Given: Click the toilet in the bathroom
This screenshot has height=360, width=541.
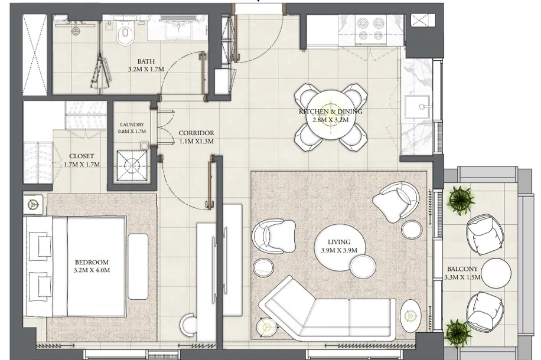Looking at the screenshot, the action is (x=125, y=34).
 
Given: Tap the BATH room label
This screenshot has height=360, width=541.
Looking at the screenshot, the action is (x=146, y=62).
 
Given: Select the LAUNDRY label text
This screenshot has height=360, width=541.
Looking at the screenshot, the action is (x=132, y=125).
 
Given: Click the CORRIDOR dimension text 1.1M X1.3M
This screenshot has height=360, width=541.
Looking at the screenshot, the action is (x=196, y=142).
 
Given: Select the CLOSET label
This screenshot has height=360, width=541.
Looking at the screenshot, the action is (x=82, y=156).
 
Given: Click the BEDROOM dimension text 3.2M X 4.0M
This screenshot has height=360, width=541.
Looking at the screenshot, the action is (x=92, y=270).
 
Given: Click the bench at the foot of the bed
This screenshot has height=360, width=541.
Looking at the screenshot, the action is (x=138, y=266).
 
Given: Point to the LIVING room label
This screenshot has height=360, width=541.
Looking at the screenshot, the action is (x=339, y=242).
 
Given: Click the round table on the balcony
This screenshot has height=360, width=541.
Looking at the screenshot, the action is (x=496, y=273).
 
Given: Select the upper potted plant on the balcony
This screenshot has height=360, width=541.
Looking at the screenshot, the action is (x=461, y=199).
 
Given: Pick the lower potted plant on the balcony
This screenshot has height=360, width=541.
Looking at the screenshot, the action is (x=458, y=333).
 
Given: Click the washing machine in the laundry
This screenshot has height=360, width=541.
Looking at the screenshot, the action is (x=132, y=167).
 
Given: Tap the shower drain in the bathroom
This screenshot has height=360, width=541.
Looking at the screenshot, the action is (x=76, y=31).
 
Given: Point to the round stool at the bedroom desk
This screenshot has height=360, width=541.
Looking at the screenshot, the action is (x=189, y=324).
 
